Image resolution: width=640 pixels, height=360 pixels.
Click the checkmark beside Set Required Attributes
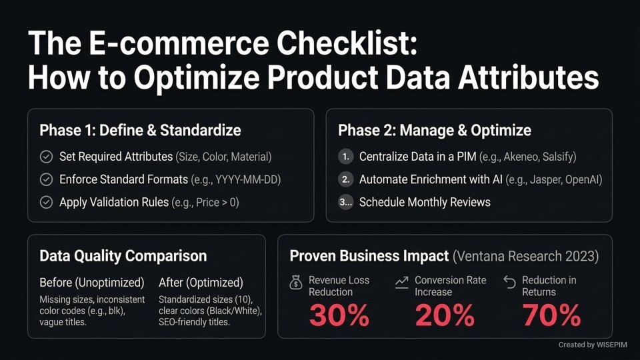pos(46,157)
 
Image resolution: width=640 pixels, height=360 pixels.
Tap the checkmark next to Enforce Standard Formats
pos(46,180)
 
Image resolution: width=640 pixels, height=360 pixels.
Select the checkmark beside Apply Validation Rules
pos(46,202)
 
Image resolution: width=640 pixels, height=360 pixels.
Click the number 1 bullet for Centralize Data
pos(345,157)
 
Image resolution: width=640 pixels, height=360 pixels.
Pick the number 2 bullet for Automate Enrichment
pos(345,180)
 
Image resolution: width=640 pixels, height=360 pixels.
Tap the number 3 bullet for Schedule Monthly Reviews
pos(345,202)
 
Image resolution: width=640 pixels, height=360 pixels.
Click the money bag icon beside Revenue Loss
pos(296,283)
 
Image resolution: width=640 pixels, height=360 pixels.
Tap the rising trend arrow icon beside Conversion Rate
pos(401,283)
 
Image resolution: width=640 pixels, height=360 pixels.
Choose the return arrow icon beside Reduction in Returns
pos(509,283)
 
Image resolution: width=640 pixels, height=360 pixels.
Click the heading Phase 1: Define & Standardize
pos(140,130)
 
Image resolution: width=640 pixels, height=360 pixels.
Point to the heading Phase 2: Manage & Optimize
pos(435,130)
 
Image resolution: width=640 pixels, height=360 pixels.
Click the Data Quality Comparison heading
pos(123,256)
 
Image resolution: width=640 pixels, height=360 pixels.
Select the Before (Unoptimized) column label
pos(91,282)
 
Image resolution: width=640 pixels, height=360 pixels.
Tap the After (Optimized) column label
pos(201,282)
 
